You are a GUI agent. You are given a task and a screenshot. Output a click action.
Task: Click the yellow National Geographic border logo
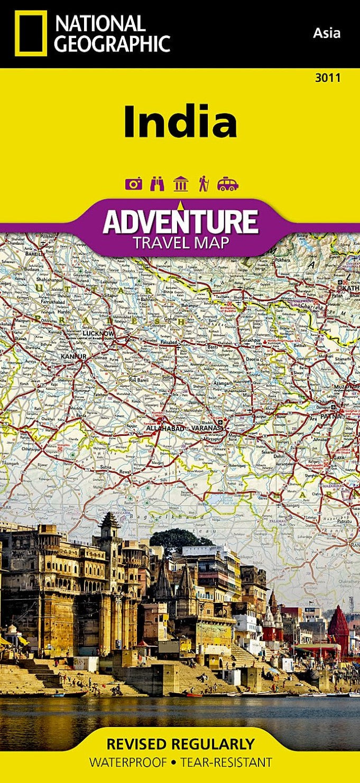(31, 33)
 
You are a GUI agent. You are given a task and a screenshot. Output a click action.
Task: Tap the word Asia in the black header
(327, 33)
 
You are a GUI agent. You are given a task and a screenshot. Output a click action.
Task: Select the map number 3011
(327, 77)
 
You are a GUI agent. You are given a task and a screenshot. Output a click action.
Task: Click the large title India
(180, 122)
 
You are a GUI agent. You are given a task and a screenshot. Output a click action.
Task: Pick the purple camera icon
(133, 184)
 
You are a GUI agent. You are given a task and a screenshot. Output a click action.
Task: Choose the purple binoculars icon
(158, 184)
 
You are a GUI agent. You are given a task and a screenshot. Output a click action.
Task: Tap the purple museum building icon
(180, 184)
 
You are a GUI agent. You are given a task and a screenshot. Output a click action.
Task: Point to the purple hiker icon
(203, 184)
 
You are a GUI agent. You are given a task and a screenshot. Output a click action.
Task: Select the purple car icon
(227, 184)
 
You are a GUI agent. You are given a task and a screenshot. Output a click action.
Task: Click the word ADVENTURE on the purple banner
(180, 222)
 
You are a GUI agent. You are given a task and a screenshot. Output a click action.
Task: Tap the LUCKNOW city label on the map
(98, 334)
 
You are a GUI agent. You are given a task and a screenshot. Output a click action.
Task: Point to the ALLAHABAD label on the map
(165, 428)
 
